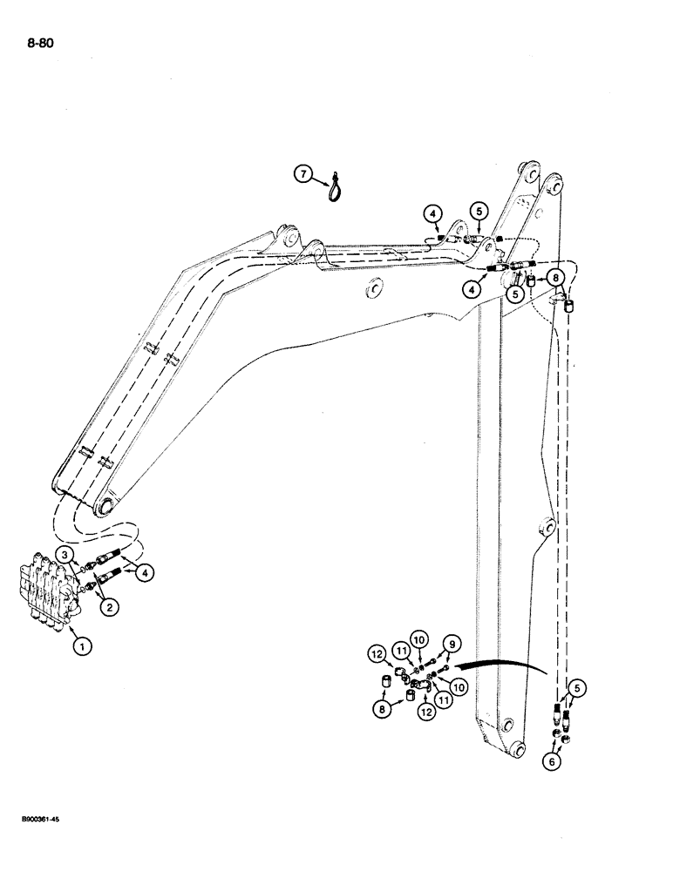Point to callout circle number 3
(x=65, y=554)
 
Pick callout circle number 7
(x=303, y=175)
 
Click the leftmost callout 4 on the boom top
(x=432, y=212)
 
